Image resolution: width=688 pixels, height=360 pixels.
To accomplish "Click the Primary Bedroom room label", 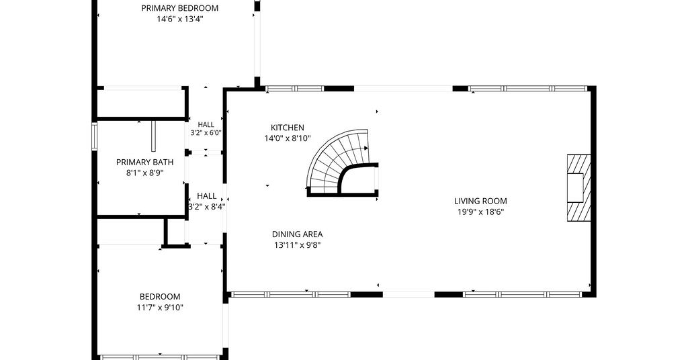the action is (180, 8).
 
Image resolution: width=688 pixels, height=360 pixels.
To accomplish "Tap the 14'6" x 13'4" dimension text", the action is (180, 19).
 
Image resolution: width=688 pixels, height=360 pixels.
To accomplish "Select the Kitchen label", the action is (288, 128).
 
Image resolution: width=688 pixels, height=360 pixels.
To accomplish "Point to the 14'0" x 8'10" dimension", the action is (288, 138).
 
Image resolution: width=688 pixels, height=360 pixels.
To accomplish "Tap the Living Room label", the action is (480, 201).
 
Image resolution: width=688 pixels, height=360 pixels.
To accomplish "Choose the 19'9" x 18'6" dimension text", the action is (480, 212).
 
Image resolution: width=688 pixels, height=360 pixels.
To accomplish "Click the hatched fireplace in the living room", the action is (578, 187).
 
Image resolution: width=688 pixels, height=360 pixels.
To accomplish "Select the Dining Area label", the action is (298, 234).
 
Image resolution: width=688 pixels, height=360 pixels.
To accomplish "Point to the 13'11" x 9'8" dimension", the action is (298, 245).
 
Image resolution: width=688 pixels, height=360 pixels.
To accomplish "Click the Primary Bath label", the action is (145, 163).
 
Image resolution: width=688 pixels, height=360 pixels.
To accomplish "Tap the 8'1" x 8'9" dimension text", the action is (145, 173).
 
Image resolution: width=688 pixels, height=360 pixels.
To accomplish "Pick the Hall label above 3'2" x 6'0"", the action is (206, 124).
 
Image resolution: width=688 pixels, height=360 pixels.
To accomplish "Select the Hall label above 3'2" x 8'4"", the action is (206, 196).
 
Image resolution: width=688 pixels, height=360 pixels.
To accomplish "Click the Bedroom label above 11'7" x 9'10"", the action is (160, 296).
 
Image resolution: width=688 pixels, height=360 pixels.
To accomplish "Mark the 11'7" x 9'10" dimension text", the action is (160, 308).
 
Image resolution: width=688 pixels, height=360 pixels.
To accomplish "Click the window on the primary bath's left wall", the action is (94, 137).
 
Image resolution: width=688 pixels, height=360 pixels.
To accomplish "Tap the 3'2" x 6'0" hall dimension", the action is (206, 133).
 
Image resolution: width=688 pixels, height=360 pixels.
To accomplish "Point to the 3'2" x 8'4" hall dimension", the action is (207, 207).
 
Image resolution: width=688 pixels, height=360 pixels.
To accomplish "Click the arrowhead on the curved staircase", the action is (366, 148).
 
